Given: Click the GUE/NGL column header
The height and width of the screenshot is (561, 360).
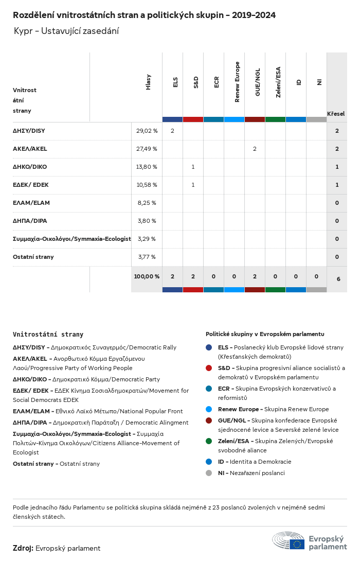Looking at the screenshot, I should pyautogui.click(x=258, y=82).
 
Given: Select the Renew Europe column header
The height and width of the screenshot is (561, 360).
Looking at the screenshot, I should pyautogui.click(x=237, y=82).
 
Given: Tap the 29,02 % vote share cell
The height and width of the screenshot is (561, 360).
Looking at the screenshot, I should pyautogui.click(x=147, y=131).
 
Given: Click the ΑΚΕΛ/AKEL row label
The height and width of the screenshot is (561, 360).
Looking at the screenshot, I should pyautogui.click(x=30, y=149).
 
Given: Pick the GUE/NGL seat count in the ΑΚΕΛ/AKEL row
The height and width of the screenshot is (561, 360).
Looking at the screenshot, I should pyautogui.click(x=255, y=149).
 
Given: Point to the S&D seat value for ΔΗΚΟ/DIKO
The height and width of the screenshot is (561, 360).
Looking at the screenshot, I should pyautogui.click(x=193, y=167).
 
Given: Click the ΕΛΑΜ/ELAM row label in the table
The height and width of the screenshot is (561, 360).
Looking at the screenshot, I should pyautogui.click(x=31, y=203).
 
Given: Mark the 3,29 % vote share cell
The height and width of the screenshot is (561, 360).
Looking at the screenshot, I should pyautogui.click(x=147, y=239).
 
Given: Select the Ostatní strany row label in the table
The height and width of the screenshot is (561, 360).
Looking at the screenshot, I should pyautogui.click(x=33, y=257).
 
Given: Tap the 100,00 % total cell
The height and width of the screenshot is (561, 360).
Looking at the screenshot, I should pyautogui.click(x=147, y=276).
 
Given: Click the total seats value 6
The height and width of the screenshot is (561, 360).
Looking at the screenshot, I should pyautogui.click(x=338, y=279).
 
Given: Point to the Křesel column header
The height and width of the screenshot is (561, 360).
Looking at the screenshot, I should pyautogui.click(x=336, y=113).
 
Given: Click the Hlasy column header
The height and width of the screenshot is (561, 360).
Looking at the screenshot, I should pyautogui.click(x=149, y=82).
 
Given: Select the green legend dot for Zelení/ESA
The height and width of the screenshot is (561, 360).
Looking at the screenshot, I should pyautogui.click(x=209, y=441).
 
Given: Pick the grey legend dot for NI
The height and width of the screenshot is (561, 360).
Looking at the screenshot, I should pyautogui.click(x=209, y=473).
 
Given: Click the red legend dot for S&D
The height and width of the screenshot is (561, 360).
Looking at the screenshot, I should pyautogui.click(x=209, y=368).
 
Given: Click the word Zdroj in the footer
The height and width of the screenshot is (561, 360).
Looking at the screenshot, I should pyautogui.click(x=23, y=548).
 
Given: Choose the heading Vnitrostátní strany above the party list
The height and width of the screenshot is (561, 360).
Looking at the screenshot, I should pyautogui.click(x=48, y=335).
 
